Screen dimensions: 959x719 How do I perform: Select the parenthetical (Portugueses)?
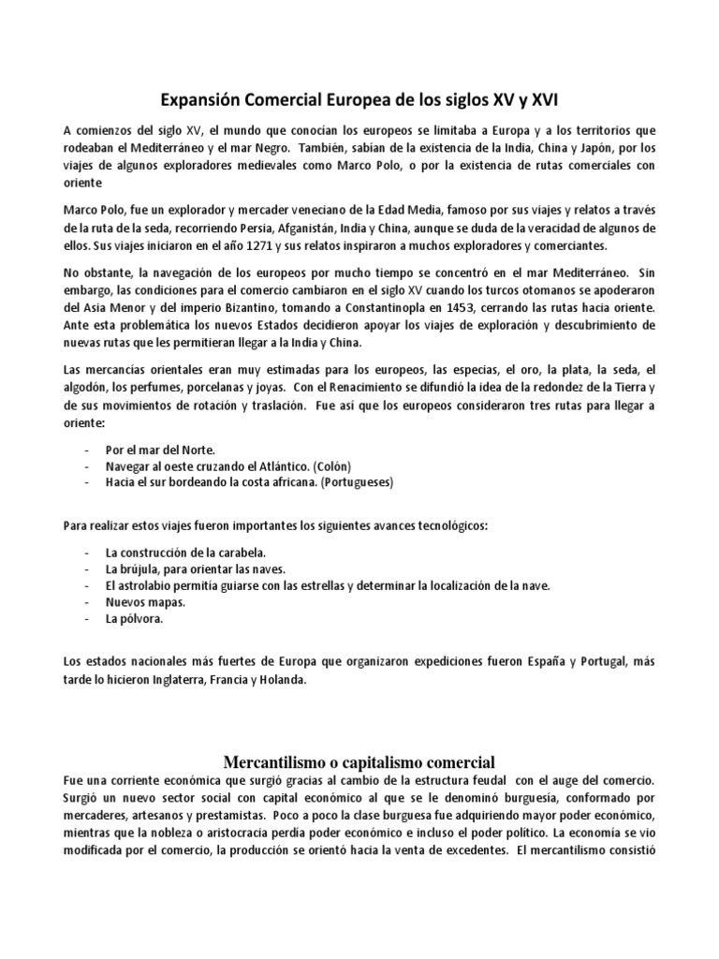tap(357, 482)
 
